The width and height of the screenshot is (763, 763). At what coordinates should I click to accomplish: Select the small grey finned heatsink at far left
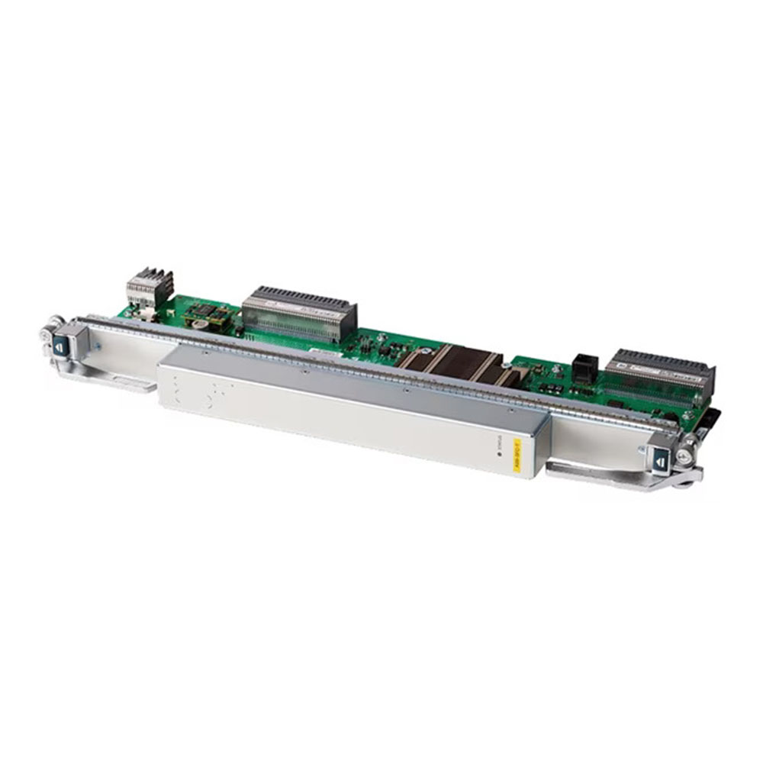pos(149,287)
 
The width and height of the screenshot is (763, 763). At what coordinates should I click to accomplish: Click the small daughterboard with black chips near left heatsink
pos(211,314)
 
